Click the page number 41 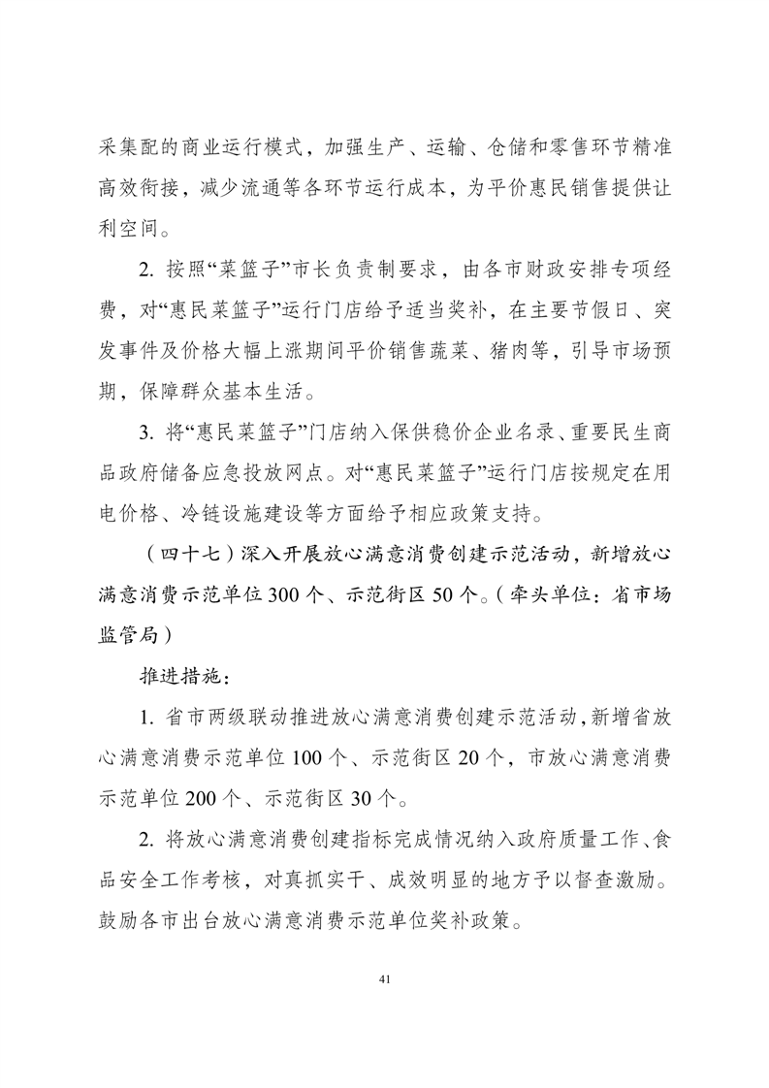click(x=385, y=979)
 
